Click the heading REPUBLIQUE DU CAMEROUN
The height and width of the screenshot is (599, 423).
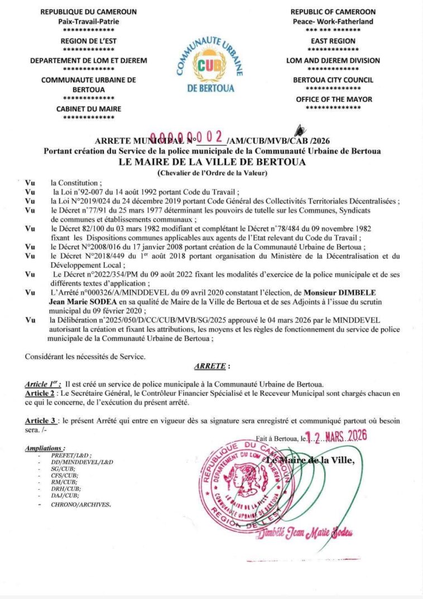pyautogui.click(x=89, y=12)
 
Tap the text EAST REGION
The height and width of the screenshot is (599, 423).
pyautogui.click(x=333, y=41)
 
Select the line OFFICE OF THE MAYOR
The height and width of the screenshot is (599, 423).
pyautogui.click(x=333, y=99)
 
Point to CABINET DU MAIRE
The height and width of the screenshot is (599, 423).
pyautogui.click(x=89, y=109)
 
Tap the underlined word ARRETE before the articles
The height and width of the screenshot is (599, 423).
pyautogui.click(x=210, y=366)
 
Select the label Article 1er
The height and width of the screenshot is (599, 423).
pyautogui.click(x=42, y=385)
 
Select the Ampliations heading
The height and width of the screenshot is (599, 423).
pyautogui.click(x=45, y=448)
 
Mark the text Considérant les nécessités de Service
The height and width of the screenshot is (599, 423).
pyautogui.click(x=85, y=356)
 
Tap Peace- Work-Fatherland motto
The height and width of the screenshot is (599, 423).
pyautogui.click(x=333, y=21)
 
